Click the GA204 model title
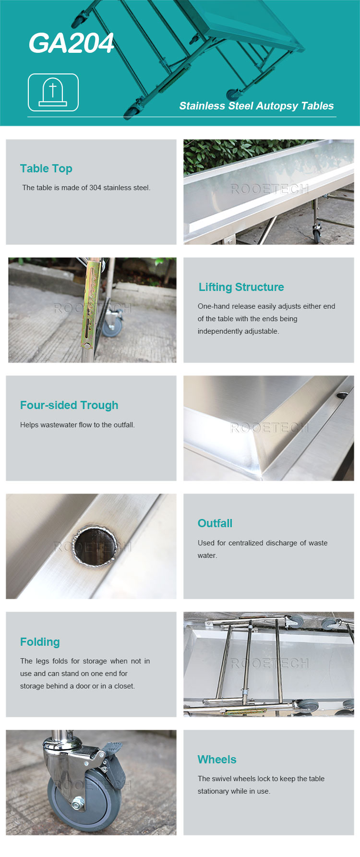pyautogui.click(x=71, y=43)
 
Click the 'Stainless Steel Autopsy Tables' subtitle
pyautogui.click(x=256, y=106)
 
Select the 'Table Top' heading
pyautogui.click(x=46, y=169)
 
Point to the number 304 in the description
pyautogui.click(x=95, y=188)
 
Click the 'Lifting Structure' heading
pyautogui.click(x=241, y=287)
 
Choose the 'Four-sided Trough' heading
pyautogui.click(x=69, y=405)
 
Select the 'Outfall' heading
pyautogui.click(x=215, y=523)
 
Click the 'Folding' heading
pyautogui.click(x=40, y=642)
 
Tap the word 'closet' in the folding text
pyautogui.click(x=124, y=686)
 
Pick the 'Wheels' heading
pyautogui.click(x=217, y=760)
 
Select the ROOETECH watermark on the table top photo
pyautogui.click(x=269, y=189)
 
